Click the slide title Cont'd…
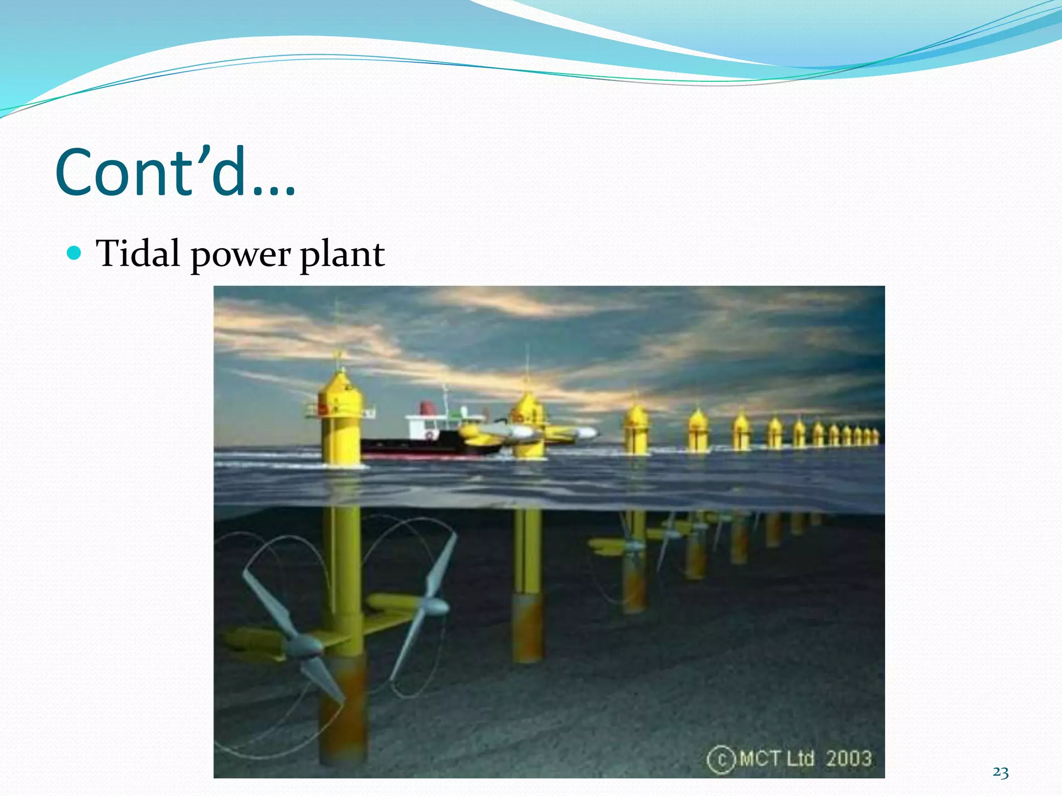[x=175, y=172]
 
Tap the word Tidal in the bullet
[x=138, y=254]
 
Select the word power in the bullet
[x=241, y=255]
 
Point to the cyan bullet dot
[x=75, y=253]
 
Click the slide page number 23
[x=1000, y=773]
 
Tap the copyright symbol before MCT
[x=721, y=760]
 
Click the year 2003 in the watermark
[x=848, y=759]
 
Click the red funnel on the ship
[x=426, y=408]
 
